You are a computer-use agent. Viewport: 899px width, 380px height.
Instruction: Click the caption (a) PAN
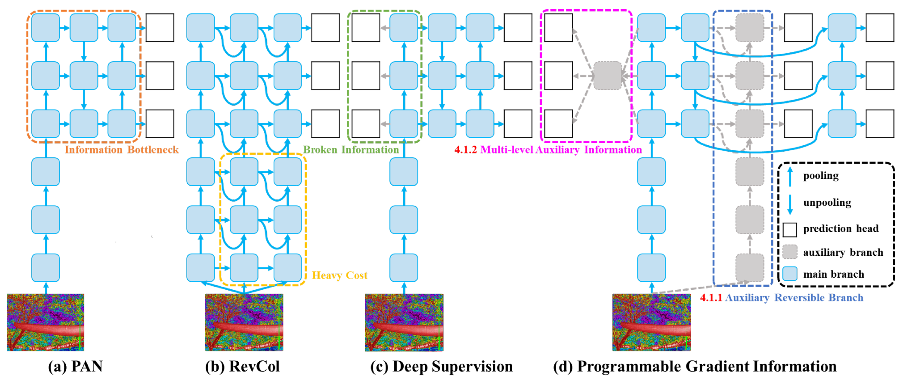click(75, 366)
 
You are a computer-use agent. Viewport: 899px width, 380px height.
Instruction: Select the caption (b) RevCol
click(243, 366)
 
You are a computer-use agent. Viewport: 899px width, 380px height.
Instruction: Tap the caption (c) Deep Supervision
click(441, 366)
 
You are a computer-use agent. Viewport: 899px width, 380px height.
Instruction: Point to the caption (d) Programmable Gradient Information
click(694, 366)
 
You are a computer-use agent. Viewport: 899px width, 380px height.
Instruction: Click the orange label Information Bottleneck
click(122, 150)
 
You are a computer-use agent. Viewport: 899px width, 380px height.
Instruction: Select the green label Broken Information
click(351, 150)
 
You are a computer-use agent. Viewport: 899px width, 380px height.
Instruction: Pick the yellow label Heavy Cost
click(339, 275)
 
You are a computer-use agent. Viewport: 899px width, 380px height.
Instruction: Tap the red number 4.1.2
click(465, 150)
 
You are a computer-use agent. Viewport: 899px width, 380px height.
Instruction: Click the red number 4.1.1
click(711, 298)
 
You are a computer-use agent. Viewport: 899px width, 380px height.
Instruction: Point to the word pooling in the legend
click(821, 175)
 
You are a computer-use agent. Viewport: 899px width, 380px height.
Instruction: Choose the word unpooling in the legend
click(827, 202)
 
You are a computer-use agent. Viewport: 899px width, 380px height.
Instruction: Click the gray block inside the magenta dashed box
click(608, 76)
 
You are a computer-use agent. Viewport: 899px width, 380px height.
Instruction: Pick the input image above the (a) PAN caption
click(45, 322)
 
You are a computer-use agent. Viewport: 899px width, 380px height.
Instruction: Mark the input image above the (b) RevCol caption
click(244, 322)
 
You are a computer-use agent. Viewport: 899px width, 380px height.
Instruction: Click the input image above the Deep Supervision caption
click(404, 322)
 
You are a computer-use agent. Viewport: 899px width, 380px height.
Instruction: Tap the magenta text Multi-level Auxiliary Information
click(561, 150)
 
